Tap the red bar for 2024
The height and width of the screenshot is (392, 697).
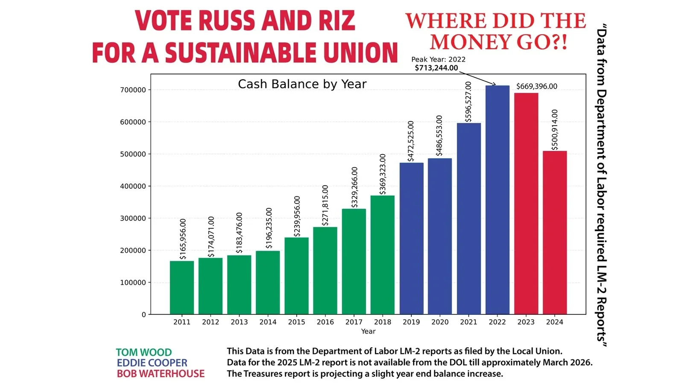point(554,233)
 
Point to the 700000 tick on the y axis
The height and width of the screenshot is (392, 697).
point(133,90)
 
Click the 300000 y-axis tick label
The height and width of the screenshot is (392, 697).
point(133,218)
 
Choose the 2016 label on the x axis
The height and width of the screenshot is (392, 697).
point(325,322)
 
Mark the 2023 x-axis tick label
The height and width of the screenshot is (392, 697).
point(526,322)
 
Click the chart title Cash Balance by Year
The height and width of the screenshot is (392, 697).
point(302,84)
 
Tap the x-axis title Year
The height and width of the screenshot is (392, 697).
point(368,331)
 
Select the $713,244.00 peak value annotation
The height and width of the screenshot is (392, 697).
point(436,68)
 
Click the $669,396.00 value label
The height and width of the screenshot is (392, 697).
point(536,86)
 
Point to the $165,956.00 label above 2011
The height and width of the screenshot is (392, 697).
point(183,239)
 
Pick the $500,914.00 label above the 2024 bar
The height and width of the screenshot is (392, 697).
point(554,130)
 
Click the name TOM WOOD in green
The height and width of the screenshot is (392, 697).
point(143,352)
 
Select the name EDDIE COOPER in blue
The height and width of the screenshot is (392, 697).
point(152,363)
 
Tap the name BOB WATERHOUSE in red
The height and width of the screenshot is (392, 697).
point(161,374)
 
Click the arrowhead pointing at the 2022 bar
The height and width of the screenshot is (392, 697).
point(495,85)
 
